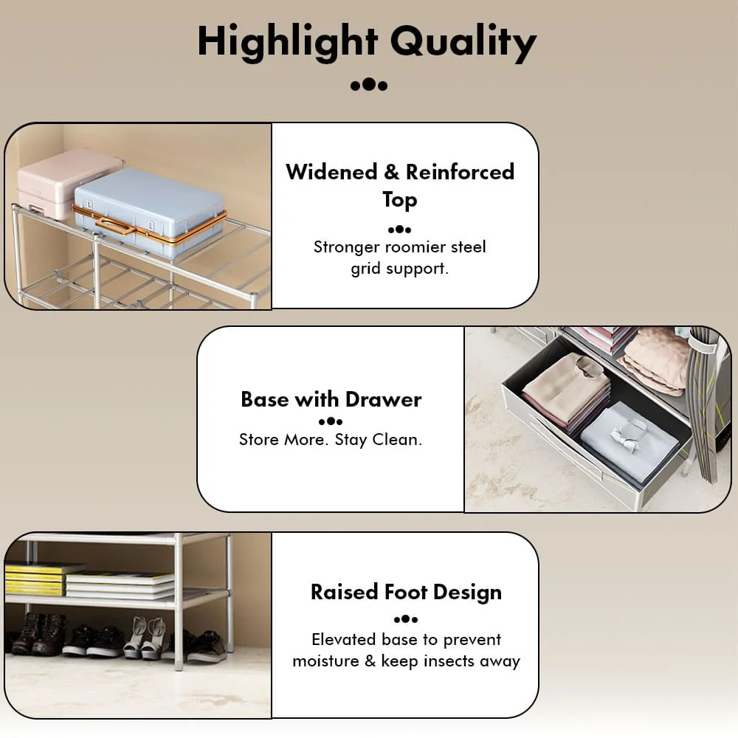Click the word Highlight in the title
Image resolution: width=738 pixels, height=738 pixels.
pyautogui.click(x=288, y=42)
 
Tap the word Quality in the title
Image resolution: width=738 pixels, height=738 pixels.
pyautogui.click(x=463, y=42)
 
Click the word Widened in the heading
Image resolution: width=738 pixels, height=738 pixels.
pyautogui.click(x=331, y=172)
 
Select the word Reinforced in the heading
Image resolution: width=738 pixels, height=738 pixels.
pyautogui.click(x=460, y=172)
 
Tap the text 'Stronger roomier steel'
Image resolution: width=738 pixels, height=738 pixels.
pyautogui.click(x=399, y=246)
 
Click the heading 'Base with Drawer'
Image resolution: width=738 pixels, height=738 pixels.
pyautogui.click(x=331, y=399)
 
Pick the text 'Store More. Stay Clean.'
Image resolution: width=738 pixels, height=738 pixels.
pyautogui.click(x=331, y=441)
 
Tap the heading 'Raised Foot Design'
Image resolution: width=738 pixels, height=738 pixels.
pyautogui.click(x=406, y=592)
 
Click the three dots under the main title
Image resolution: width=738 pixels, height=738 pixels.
pyautogui.click(x=369, y=85)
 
